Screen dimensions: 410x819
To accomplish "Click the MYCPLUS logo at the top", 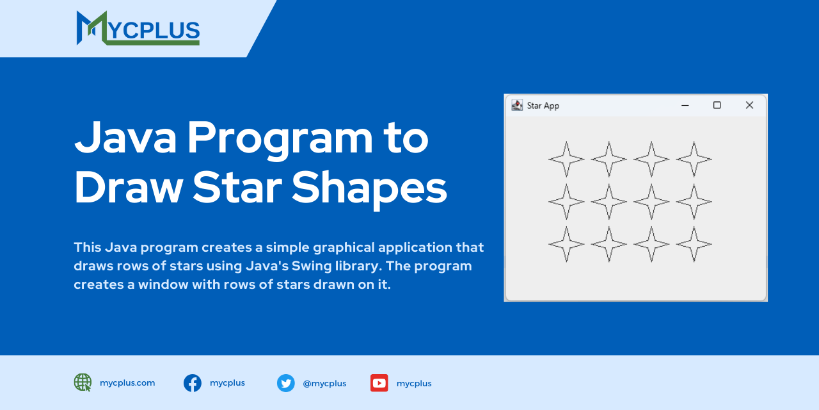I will (138, 28).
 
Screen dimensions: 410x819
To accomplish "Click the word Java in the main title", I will (125, 138).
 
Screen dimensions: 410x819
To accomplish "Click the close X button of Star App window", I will (749, 105).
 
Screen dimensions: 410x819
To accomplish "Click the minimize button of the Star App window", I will (685, 105).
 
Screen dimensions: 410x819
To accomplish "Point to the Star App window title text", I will (543, 106).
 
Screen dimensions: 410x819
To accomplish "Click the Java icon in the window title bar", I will (517, 105).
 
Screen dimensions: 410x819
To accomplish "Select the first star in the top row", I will (566, 159).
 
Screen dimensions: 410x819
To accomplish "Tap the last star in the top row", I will (694, 159).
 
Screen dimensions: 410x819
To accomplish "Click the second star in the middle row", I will (608, 201).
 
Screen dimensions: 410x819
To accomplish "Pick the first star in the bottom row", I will (566, 244).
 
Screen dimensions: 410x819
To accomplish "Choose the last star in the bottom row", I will (694, 244).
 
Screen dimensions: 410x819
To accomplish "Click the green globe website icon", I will (83, 382).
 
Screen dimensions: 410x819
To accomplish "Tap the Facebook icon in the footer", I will (193, 383).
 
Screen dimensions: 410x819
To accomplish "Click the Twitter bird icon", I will (285, 383).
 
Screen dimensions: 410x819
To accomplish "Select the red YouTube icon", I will (379, 383).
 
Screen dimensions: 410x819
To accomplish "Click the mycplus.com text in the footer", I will (127, 383).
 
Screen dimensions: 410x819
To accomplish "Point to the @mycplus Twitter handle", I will (324, 384).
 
